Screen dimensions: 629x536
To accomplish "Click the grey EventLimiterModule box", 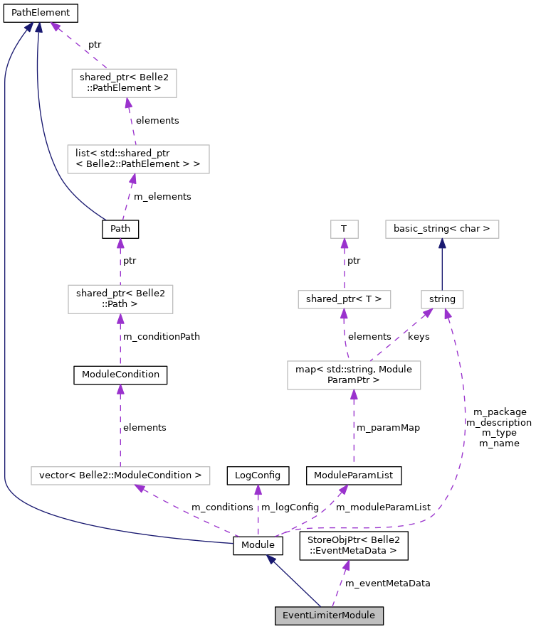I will click(329, 615).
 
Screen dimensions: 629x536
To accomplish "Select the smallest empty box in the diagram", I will click(345, 229).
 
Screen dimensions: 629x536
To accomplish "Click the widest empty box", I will click(120, 475).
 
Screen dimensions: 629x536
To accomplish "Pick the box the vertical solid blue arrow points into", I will click(442, 229).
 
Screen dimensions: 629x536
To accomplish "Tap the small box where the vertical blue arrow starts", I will click(442, 299).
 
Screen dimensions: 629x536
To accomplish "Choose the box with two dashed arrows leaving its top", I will click(354, 375).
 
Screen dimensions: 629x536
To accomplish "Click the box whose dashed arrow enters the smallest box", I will click(345, 299).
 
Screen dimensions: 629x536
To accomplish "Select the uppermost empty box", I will click(124, 83).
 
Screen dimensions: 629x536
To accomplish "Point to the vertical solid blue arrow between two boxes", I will click(442, 267).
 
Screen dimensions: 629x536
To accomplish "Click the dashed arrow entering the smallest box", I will click(345, 267).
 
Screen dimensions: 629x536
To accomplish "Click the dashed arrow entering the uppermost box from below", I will click(132, 121).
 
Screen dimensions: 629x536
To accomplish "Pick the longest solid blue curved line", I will click(6, 284).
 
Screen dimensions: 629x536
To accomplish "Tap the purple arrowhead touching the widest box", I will click(140, 488).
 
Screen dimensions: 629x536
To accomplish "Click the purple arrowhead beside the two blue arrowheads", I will click(55, 27).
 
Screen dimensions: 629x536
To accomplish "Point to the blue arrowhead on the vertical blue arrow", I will click(442, 244).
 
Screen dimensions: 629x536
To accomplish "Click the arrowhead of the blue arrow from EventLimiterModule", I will click(271, 560).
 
